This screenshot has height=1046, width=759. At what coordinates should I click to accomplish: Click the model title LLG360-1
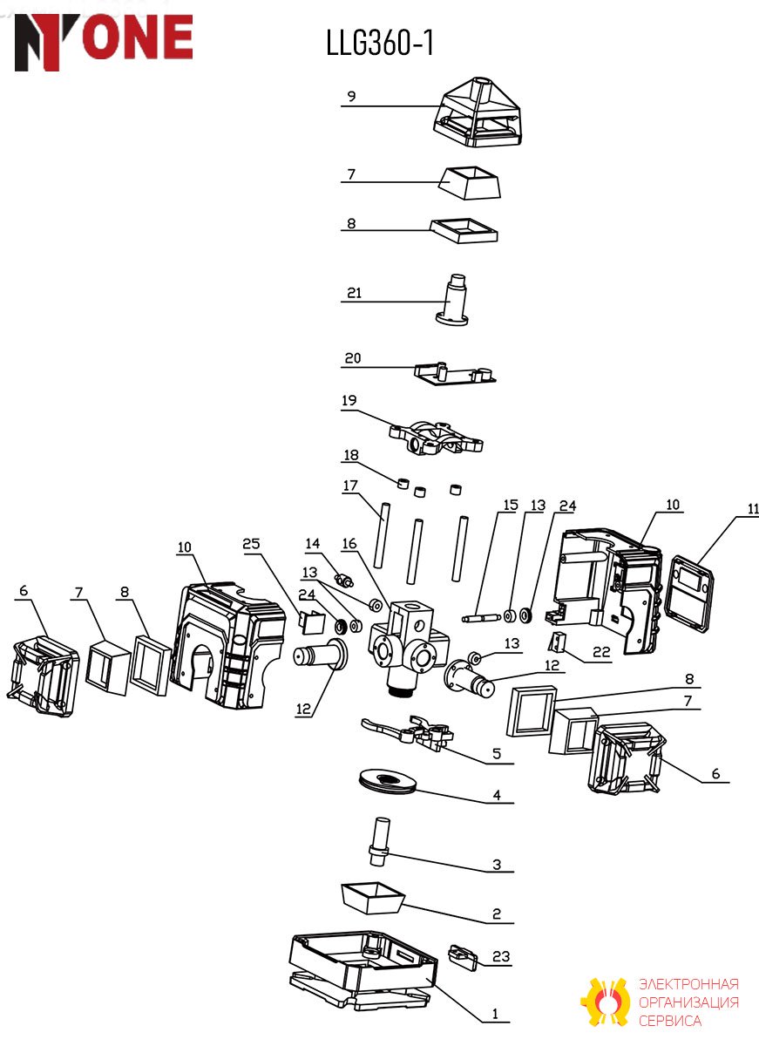(x=380, y=43)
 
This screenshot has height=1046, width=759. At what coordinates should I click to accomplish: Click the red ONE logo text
(x=137, y=37)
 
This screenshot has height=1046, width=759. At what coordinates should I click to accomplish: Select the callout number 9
(x=351, y=96)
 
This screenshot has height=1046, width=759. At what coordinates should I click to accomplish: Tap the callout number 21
(x=355, y=293)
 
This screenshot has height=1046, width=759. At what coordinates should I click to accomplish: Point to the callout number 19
(x=349, y=400)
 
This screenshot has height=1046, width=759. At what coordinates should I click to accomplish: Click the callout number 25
(x=251, y=544)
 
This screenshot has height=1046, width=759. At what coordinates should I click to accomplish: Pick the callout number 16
(x=349, y=544)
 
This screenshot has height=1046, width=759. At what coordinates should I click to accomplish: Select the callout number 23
(x=501, y=956)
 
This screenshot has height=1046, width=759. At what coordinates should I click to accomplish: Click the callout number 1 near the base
(x=495, y=1014)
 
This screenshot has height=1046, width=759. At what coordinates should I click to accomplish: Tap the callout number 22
(x=601, y=652)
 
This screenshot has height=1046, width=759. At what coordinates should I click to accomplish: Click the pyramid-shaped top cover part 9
(x=478, y=112)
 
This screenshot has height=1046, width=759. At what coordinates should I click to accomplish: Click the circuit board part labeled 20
(x=455, y=375)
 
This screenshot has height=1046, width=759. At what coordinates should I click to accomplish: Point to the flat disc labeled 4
(x=388, y=782)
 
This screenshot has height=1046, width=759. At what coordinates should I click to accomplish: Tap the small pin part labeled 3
(x=380, y=841)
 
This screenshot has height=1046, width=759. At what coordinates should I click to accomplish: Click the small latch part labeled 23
(x=463, y=957)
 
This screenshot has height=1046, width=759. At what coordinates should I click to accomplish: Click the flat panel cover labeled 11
(x=689, y=594)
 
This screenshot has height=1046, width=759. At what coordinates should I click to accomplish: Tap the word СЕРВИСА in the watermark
(x=670, y=1021)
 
